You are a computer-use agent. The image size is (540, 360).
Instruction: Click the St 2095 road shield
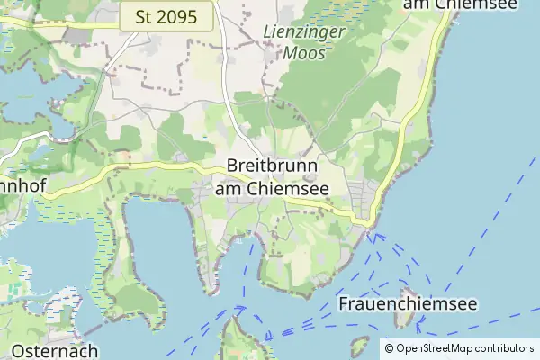tap(166, 15)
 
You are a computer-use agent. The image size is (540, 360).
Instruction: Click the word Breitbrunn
tap(271, 166)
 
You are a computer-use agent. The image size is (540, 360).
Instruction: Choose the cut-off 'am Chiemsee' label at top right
tap(461, 5)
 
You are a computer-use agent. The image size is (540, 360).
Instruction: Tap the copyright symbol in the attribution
tap(390, 347)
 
